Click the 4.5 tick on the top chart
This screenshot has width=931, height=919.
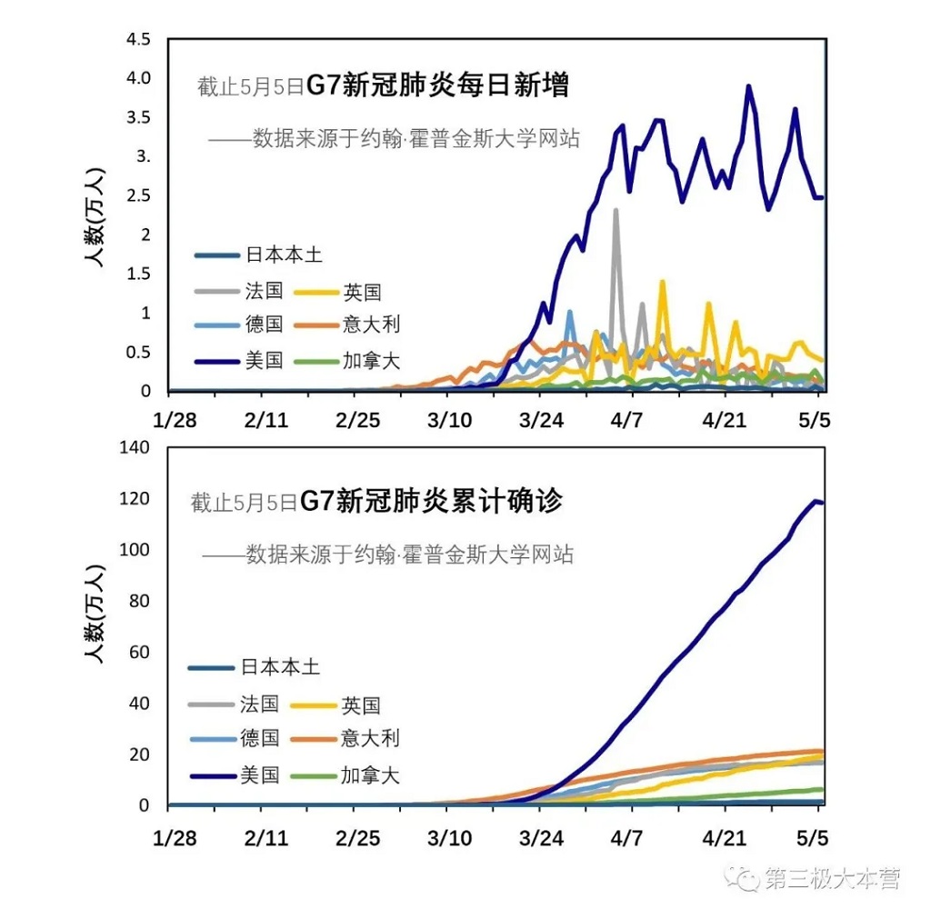(x=139, y=40)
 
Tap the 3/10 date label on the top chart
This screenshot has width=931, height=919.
(x=449, y=422)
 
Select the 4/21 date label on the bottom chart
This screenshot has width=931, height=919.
(x=726, y=836)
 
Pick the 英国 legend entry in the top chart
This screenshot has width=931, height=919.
(x=362, y=292)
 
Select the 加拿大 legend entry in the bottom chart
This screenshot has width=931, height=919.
(x=370, y=775)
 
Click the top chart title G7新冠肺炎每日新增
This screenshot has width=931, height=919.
(x=437, y=85)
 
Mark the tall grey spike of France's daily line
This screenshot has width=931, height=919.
(x=616, y=211)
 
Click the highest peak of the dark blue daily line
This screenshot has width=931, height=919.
(x=748, y=87)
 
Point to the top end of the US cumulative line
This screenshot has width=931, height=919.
(x=816, y=501)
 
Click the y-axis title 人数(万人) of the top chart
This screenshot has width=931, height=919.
(x=95, y=218)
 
